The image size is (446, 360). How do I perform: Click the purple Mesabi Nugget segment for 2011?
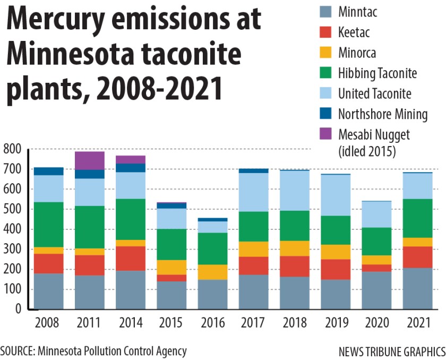coord(89,160)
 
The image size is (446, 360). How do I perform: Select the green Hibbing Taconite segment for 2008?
coord(48,225)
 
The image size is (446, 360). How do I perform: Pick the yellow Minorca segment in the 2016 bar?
coord(212,272)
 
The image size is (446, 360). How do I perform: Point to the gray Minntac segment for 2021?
coord(417,288)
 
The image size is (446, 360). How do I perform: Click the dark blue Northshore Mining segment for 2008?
coord(48,171)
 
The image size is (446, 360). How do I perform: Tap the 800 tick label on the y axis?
coord(12,149)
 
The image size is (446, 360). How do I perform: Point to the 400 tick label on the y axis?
coord(12,229)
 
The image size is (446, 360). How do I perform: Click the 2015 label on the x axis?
coord(171,323)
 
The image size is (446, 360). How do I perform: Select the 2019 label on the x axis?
coord(336,323)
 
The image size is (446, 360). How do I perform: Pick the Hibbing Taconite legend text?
coord(378,73)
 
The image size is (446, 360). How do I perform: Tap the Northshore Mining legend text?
coord(383,114)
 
